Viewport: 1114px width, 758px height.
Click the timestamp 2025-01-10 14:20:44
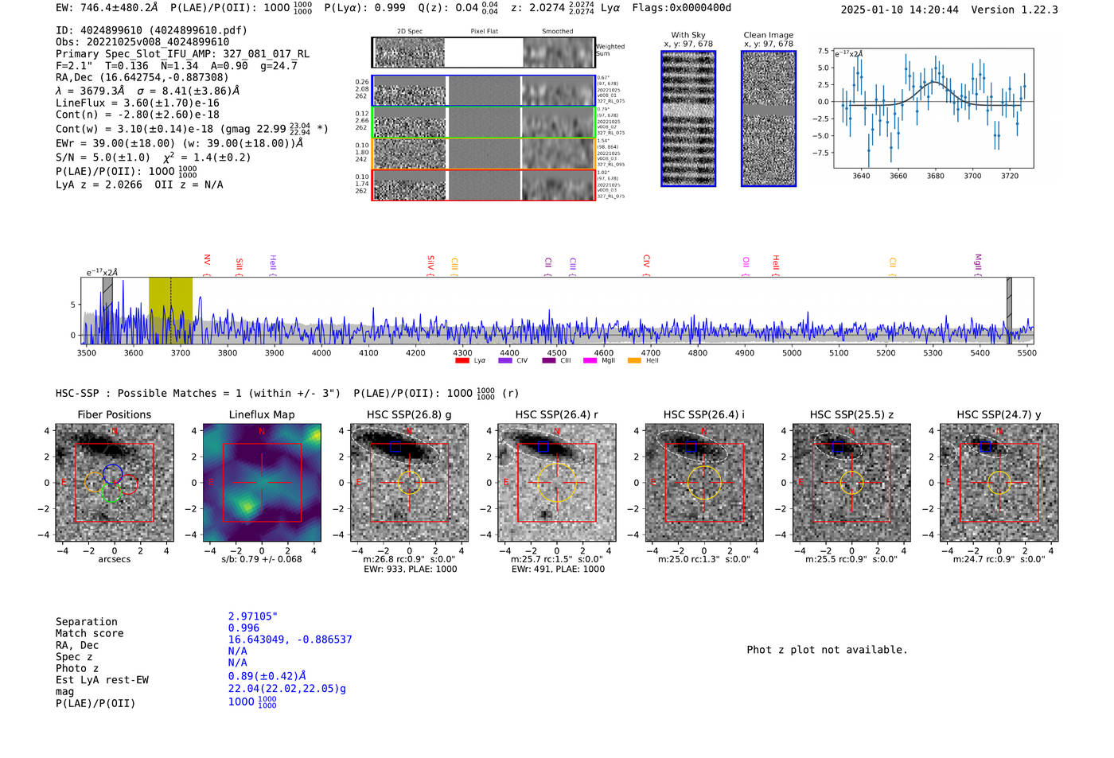[899, 10]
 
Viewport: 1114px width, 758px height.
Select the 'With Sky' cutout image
[688, 119]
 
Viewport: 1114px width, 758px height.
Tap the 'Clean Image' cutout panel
[769, 119]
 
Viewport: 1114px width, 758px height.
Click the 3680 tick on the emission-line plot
[935, 176]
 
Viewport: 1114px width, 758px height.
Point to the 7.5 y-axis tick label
[824, 51]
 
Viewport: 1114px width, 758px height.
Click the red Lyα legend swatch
[462, 361]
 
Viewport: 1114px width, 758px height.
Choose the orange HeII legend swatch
[634, 361]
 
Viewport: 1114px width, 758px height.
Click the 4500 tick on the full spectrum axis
[556, 352]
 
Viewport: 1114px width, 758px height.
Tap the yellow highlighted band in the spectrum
[170, 310]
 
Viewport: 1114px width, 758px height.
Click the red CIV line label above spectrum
[646, 261]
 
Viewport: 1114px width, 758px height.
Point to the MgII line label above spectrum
[978, 262]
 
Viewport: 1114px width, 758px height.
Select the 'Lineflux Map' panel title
[262, 414]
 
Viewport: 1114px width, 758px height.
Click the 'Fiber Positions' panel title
[114, 414]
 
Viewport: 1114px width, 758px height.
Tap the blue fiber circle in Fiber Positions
[112, 475]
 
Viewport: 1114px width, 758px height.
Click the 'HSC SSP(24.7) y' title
[999, 414]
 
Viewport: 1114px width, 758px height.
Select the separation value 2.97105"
[252, 616]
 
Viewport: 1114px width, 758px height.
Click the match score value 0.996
[243, 628]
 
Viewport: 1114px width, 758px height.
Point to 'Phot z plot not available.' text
[827, 650]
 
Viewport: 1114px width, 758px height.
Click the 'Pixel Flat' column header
[484, 32]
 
